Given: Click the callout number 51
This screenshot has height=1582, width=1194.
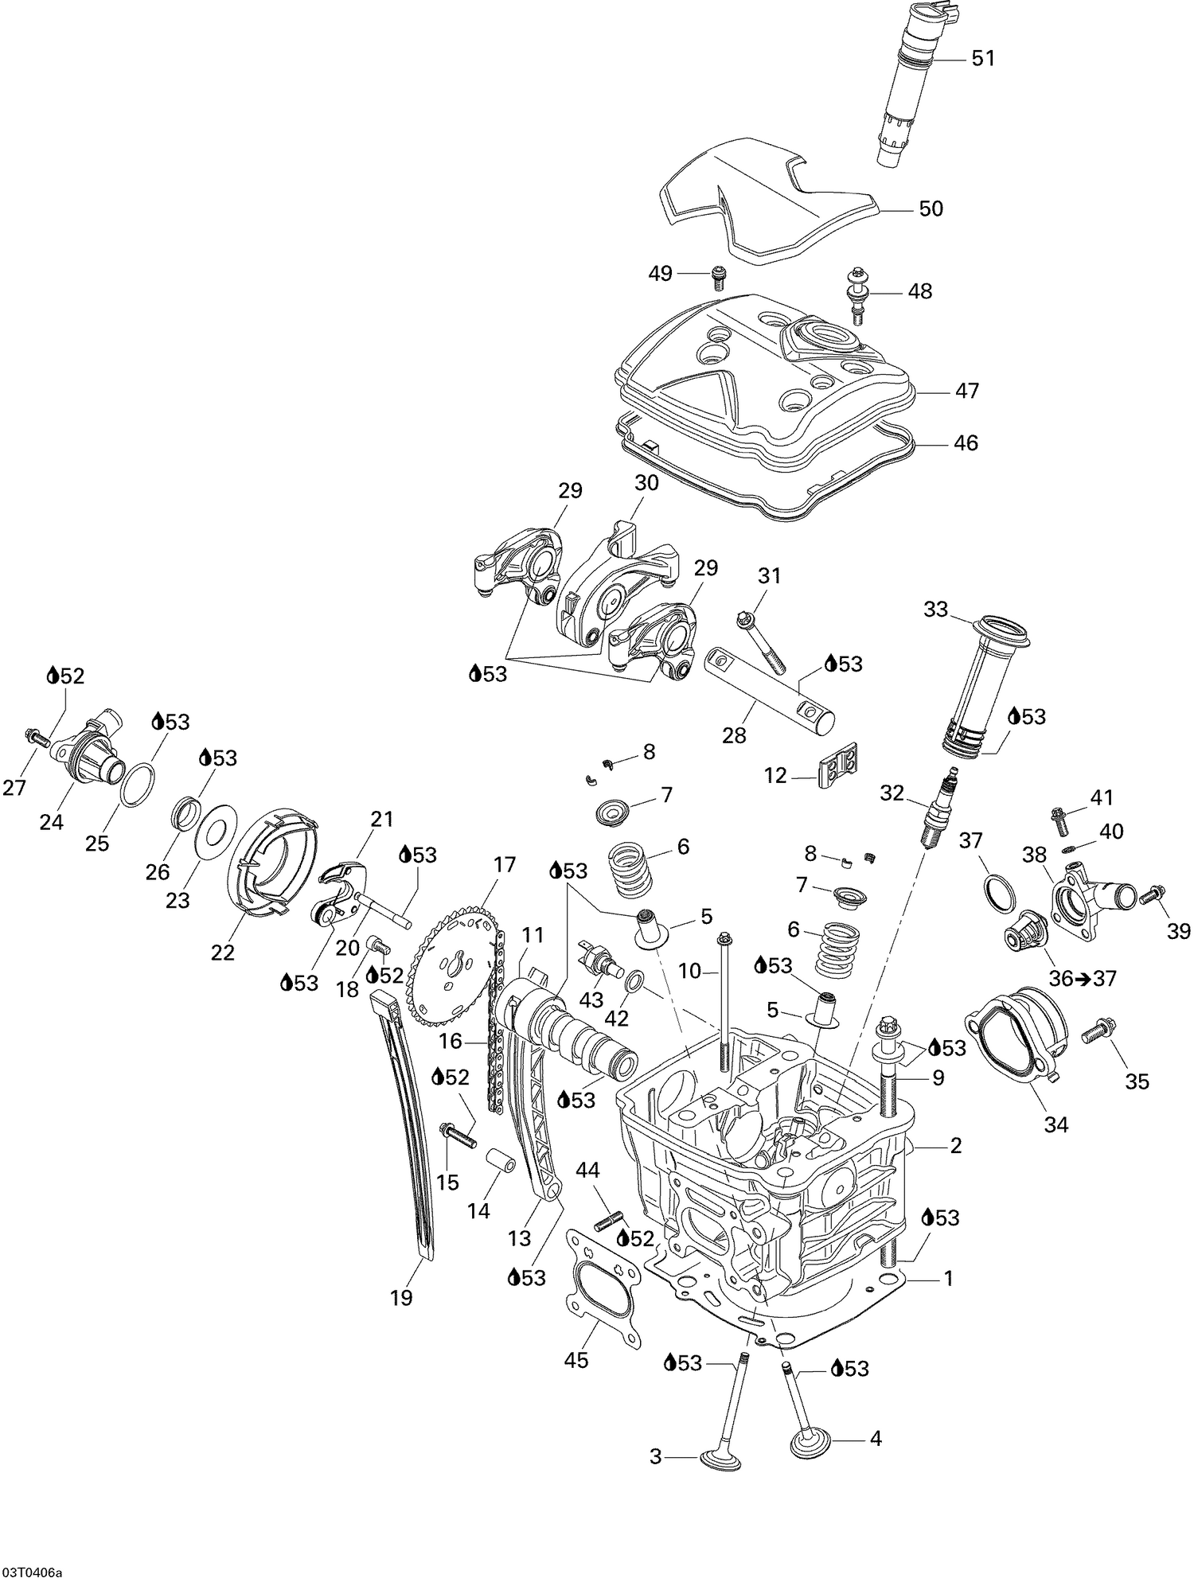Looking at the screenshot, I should (x=983, y=59).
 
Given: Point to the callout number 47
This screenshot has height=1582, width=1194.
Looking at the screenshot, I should (x=967, y=391).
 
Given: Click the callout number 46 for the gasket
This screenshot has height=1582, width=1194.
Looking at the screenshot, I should (x=966, y=443).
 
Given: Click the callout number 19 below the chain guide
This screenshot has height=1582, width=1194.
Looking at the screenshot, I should (x=402, y=1297).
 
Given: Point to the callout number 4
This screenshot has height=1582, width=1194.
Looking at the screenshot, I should (x=875, y=1439).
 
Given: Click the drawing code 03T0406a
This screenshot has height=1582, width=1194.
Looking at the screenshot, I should (x=33, y=1572).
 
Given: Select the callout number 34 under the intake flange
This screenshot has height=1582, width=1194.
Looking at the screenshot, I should (x=1057, y=1124).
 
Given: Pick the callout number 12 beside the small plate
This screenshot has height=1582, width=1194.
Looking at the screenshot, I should (x=776, y=776).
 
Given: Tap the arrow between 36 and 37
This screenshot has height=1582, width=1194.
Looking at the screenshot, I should (x=1084, y=980).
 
